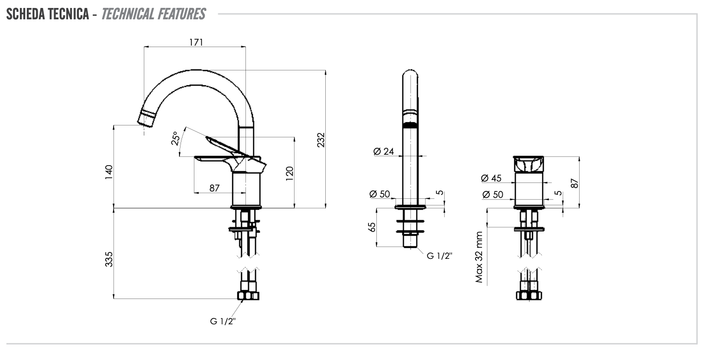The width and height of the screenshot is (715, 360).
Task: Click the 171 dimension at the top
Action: click(x=196, y=42)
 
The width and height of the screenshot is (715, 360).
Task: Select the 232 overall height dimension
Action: click(x=321, y=139)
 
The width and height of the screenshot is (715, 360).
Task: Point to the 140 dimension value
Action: click(x=109, y=172)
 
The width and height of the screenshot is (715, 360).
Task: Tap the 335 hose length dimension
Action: click(x=109, y=259)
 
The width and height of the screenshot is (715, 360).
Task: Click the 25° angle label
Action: click(x=175, y=139)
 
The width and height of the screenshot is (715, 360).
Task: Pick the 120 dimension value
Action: click(x=290, y=172)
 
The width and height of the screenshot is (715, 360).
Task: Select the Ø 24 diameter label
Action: click(x=384, y=151)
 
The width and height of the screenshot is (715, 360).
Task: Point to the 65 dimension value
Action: click(x=372, y=227)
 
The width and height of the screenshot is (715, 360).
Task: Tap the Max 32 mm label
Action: click(x=479, y=257)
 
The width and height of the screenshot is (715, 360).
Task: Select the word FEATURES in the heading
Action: click(x=181, y=14)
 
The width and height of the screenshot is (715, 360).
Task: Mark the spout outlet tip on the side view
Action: click(x=145, y=119)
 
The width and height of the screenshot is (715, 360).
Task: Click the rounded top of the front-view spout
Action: click(x=410, y=74)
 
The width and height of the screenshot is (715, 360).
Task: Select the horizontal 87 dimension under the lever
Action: click(x=214, y=188)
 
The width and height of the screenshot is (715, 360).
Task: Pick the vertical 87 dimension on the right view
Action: click(x=574, y=182)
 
